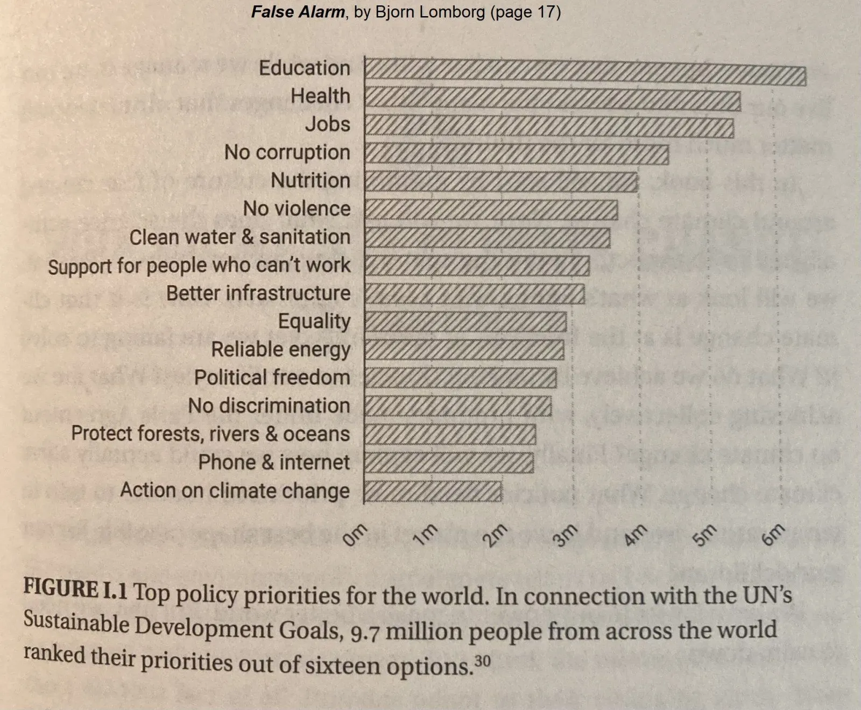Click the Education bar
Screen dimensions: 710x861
tap(585, 69)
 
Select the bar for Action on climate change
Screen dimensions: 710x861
tap(433, 491)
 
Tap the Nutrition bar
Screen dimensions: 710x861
tap(501, 181)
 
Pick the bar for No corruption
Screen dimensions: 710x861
tap(517, 153)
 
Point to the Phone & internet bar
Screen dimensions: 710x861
tap(449, 463)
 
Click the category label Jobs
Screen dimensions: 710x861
tap(328, 124)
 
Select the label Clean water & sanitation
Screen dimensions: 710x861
tap(240, 237)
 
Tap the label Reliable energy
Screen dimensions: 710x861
tap(280, 350)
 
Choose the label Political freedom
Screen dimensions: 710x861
tap(272, 378)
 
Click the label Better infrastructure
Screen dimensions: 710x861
tap(258, 294)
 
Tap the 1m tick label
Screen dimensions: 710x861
tap(426, 535)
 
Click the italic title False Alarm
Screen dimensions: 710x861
tap(298, 12)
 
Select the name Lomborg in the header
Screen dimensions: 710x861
tap(452, 12)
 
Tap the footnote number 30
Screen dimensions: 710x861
tap(483, 660)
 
